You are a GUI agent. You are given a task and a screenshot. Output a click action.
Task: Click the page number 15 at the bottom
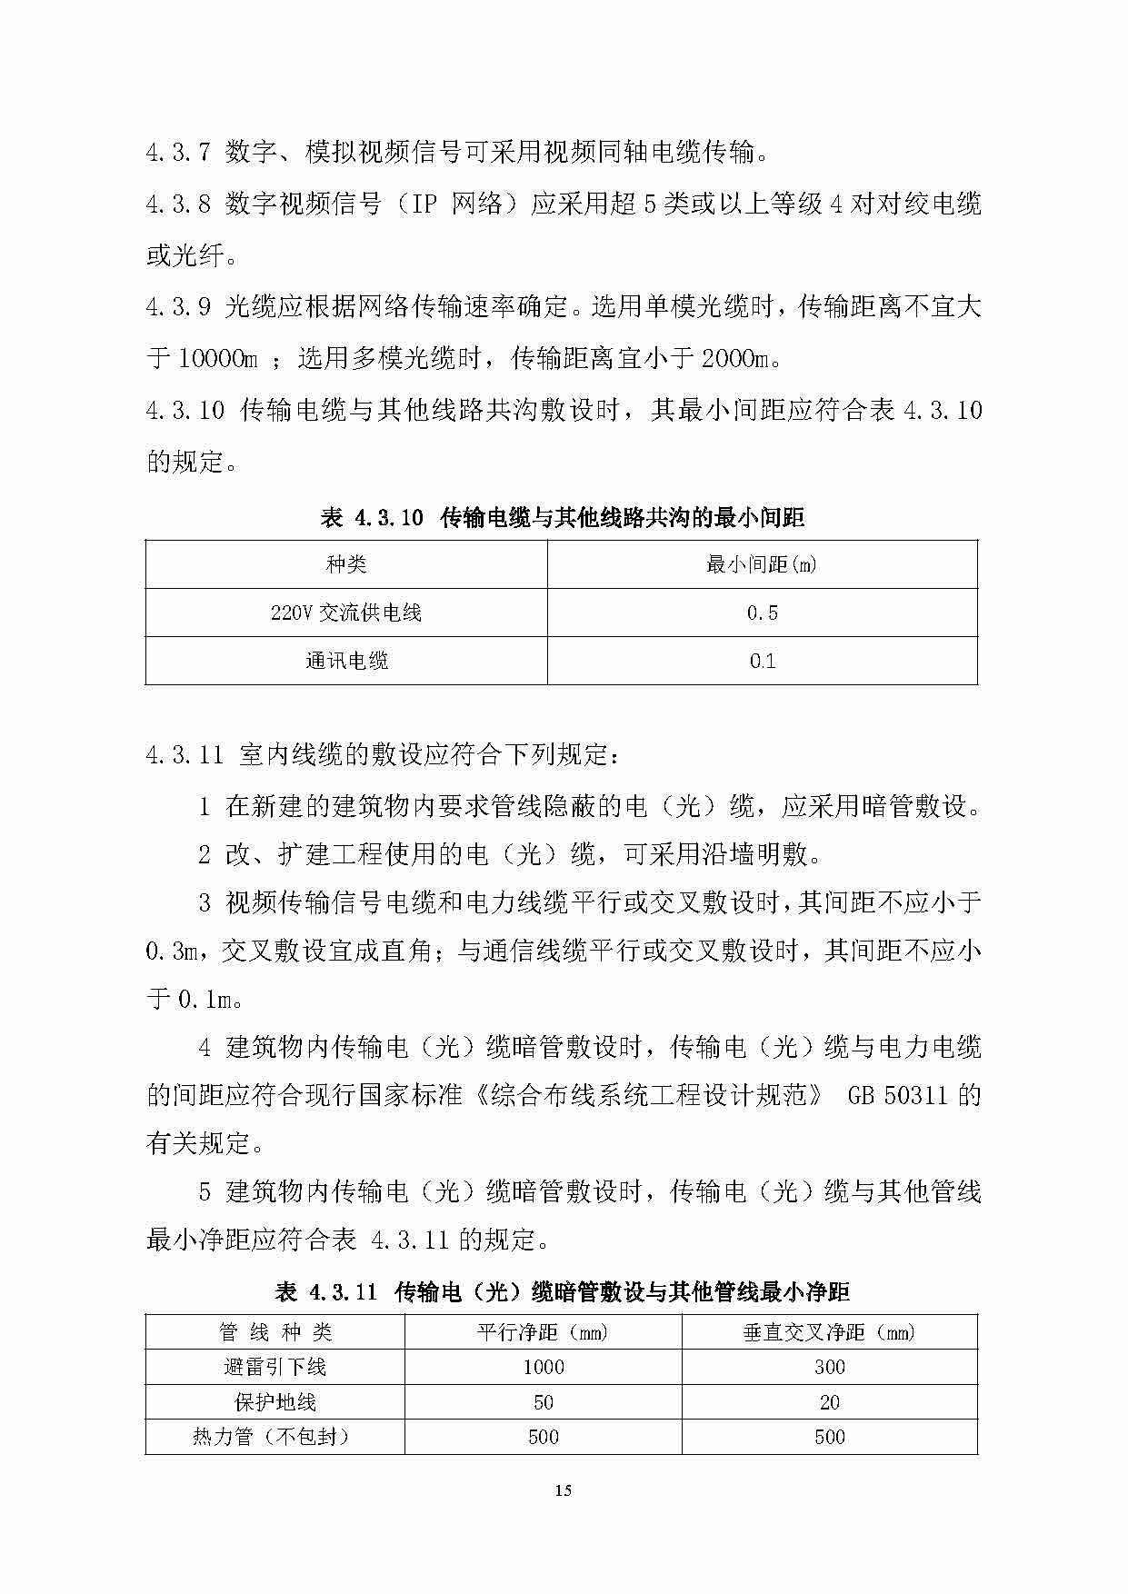563,1490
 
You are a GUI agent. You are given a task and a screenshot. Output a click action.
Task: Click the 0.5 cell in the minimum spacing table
762,613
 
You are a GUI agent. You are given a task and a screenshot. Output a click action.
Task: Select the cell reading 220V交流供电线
346,613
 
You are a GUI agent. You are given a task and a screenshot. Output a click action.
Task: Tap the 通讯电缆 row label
346,661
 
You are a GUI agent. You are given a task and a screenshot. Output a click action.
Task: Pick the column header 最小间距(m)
762,565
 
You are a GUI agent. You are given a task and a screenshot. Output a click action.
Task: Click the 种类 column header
346,565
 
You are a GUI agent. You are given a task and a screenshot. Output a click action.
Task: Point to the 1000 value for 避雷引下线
544,1368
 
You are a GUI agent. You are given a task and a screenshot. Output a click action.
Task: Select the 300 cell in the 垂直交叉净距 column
829,1368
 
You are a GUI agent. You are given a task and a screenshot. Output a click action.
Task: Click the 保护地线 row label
275,1403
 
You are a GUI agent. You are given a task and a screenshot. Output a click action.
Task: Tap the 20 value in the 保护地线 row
829,1403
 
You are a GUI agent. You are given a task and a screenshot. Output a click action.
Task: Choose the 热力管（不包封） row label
275,1438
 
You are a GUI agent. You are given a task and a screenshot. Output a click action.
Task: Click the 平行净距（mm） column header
544,1333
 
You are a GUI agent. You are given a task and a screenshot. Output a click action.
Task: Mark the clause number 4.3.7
178,153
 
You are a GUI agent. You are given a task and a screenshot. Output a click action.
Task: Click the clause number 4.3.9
178,307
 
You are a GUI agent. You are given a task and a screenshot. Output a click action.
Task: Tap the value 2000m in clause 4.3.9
735,359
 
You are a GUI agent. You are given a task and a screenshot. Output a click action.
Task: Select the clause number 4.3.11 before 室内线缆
185,755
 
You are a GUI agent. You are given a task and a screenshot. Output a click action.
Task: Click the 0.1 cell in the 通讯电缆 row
762,661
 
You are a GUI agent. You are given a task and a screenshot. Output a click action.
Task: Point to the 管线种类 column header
275,1333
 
